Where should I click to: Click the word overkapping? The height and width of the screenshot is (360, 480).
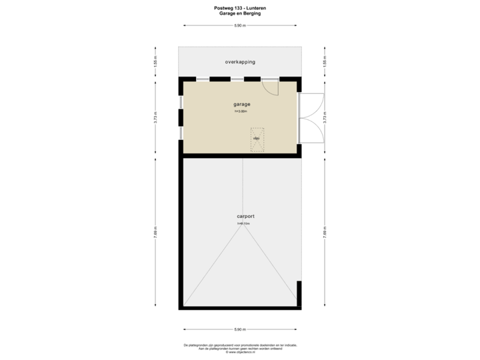[240, 62]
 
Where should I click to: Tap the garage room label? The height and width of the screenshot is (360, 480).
[241, 105]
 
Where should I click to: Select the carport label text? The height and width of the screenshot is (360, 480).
[245, 217]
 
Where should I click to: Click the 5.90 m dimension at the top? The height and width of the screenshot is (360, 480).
[239, 26]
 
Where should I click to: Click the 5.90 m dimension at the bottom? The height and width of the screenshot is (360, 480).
[239, 329]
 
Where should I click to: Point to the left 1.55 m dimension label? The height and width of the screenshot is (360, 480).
[155, 62]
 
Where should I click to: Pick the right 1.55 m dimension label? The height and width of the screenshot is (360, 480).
[325, 62]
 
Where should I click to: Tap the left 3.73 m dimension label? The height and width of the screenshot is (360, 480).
[155, 117]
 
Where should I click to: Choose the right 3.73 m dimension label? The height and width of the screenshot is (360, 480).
[325, 117]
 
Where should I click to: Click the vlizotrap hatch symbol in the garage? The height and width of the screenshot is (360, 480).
[257, 139]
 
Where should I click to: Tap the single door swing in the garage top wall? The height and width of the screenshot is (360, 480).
[270, 87]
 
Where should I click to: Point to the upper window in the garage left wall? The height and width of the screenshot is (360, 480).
[180, 102]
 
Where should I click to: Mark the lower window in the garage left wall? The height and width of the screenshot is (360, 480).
[180, 132]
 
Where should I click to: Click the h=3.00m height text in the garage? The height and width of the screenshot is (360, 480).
[241, 111]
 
